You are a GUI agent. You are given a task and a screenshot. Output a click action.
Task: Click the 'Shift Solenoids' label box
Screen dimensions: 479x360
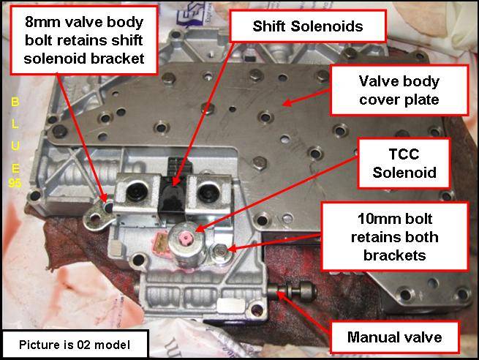coord(308,26)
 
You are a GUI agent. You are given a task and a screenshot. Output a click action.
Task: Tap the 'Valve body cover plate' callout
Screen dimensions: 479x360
coord(399,91)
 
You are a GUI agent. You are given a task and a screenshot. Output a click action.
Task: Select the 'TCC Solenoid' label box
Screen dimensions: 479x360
coord(404,163)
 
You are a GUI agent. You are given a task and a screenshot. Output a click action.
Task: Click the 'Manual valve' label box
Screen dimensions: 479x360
coord(394,337)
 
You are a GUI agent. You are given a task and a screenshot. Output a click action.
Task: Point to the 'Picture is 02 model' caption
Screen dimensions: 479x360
coord(75,345)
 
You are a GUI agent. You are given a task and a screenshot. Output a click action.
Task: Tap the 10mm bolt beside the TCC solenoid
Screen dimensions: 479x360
coord(219,252)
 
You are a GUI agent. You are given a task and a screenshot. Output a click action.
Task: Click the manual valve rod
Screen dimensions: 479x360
coord(292,291)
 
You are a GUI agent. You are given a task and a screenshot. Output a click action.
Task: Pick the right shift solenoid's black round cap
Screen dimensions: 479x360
coord(208,192)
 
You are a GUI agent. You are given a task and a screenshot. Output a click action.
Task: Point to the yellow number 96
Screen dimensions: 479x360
coord(15,183)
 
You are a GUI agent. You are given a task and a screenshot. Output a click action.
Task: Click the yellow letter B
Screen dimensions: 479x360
coord(15,102)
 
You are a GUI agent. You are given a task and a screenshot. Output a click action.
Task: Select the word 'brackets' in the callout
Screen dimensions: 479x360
coord(394,255)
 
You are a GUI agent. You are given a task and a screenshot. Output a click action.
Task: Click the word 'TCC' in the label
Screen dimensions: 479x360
coord(404,154)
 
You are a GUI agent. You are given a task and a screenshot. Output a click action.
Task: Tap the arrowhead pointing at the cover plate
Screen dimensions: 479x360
coord(287,103)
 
